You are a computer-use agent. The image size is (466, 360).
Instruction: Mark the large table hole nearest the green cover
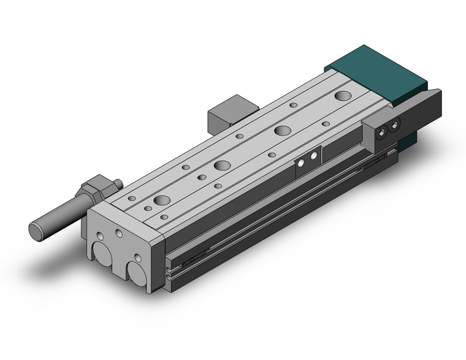[x=343, y=95]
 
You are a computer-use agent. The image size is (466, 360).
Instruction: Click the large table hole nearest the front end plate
[x=162, y=200]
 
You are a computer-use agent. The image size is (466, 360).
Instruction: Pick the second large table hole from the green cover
[x=283, y=129]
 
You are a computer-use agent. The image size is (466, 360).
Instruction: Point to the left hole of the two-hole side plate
[x=302, y=162]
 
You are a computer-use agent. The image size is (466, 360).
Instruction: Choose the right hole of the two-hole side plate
[x=314, y=156]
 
